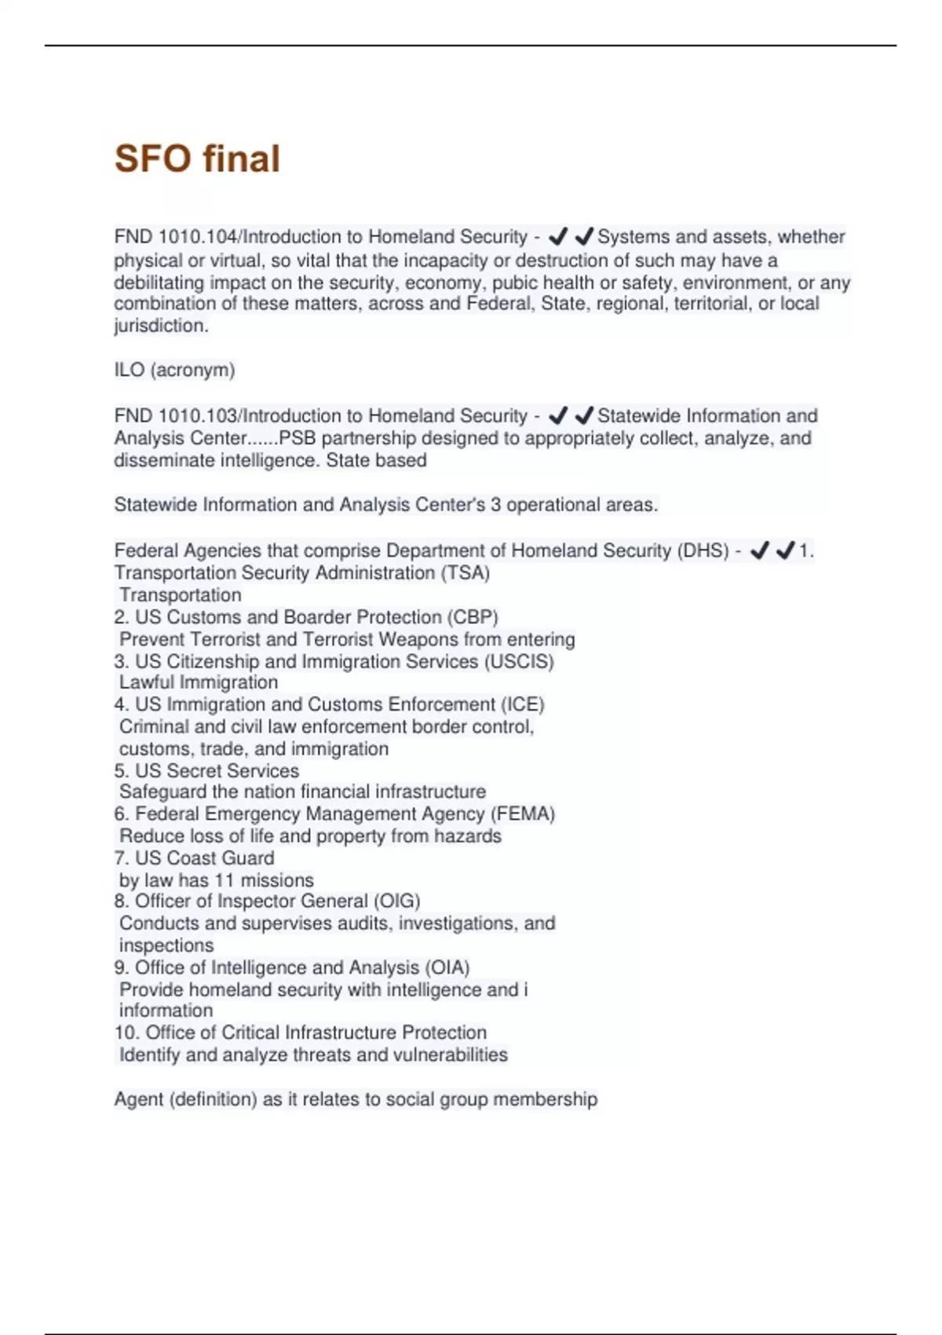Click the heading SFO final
click(x=197, y=159)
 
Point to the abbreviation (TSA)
click(x=466, y=573)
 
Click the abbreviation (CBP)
click(x=473, y=617)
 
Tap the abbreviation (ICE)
click(x=522, y=704)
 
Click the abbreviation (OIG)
click(x=396, y=902)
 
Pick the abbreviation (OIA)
click(x=447, y=967)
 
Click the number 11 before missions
click(x=225, y=880)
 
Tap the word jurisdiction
click(x=161, y=326)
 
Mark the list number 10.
click(x=126, y=1033)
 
